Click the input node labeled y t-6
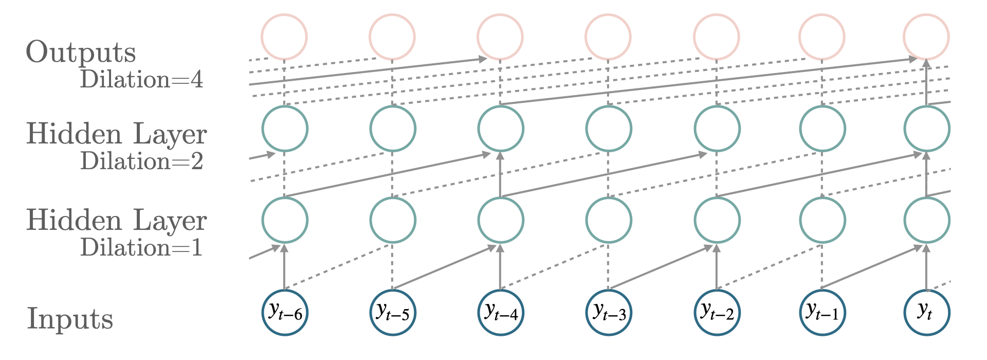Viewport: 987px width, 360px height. [x=284, y=313]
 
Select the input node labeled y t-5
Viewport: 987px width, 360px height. [x=392, y=313]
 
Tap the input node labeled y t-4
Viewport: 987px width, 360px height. [x=501, y=313]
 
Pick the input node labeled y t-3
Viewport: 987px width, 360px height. [x=609, y=313]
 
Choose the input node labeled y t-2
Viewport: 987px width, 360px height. [x=717, y=313]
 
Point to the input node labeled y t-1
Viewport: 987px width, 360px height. [x=822, y=313]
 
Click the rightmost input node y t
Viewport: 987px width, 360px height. [x=927, y=313]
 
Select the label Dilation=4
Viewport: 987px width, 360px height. [x=141, y=80]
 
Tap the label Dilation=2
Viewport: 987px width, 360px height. [x=141, y=161]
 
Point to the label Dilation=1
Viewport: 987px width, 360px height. [x=141, y=248]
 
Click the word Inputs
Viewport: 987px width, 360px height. [x=69, y=319]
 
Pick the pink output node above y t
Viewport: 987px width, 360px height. [x=927, y=37]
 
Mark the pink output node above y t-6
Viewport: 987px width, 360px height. [x=284, y=37]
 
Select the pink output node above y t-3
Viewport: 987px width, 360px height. [x=609, y=37]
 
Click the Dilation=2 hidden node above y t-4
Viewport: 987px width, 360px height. [x=501, y=129]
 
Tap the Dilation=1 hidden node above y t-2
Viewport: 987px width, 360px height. [x=717, y=220]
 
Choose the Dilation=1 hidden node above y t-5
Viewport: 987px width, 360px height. [x=392, y=220]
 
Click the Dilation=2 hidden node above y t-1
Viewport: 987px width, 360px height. [x=822, y=129]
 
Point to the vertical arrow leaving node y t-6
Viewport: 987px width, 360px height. [x=284, y=267]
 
